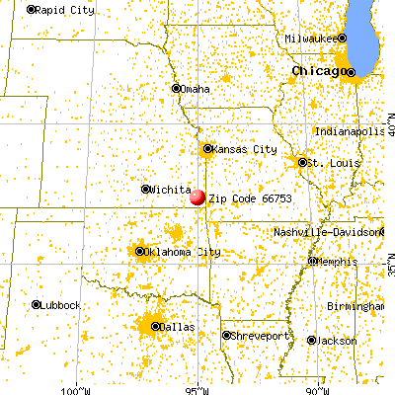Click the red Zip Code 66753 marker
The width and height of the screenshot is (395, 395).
tap(197, 197)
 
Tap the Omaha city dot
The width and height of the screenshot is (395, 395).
tap(178, 89)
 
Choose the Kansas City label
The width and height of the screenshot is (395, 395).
tap(243, 149)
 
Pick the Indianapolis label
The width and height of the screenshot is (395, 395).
tap(354, 131)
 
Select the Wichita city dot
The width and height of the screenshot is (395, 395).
tap(146, 189)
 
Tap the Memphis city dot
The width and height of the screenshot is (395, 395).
tap(312, 262)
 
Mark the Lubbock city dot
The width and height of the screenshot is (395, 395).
tap(37, 304)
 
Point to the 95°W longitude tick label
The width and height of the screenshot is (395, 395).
tap(199, 387)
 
